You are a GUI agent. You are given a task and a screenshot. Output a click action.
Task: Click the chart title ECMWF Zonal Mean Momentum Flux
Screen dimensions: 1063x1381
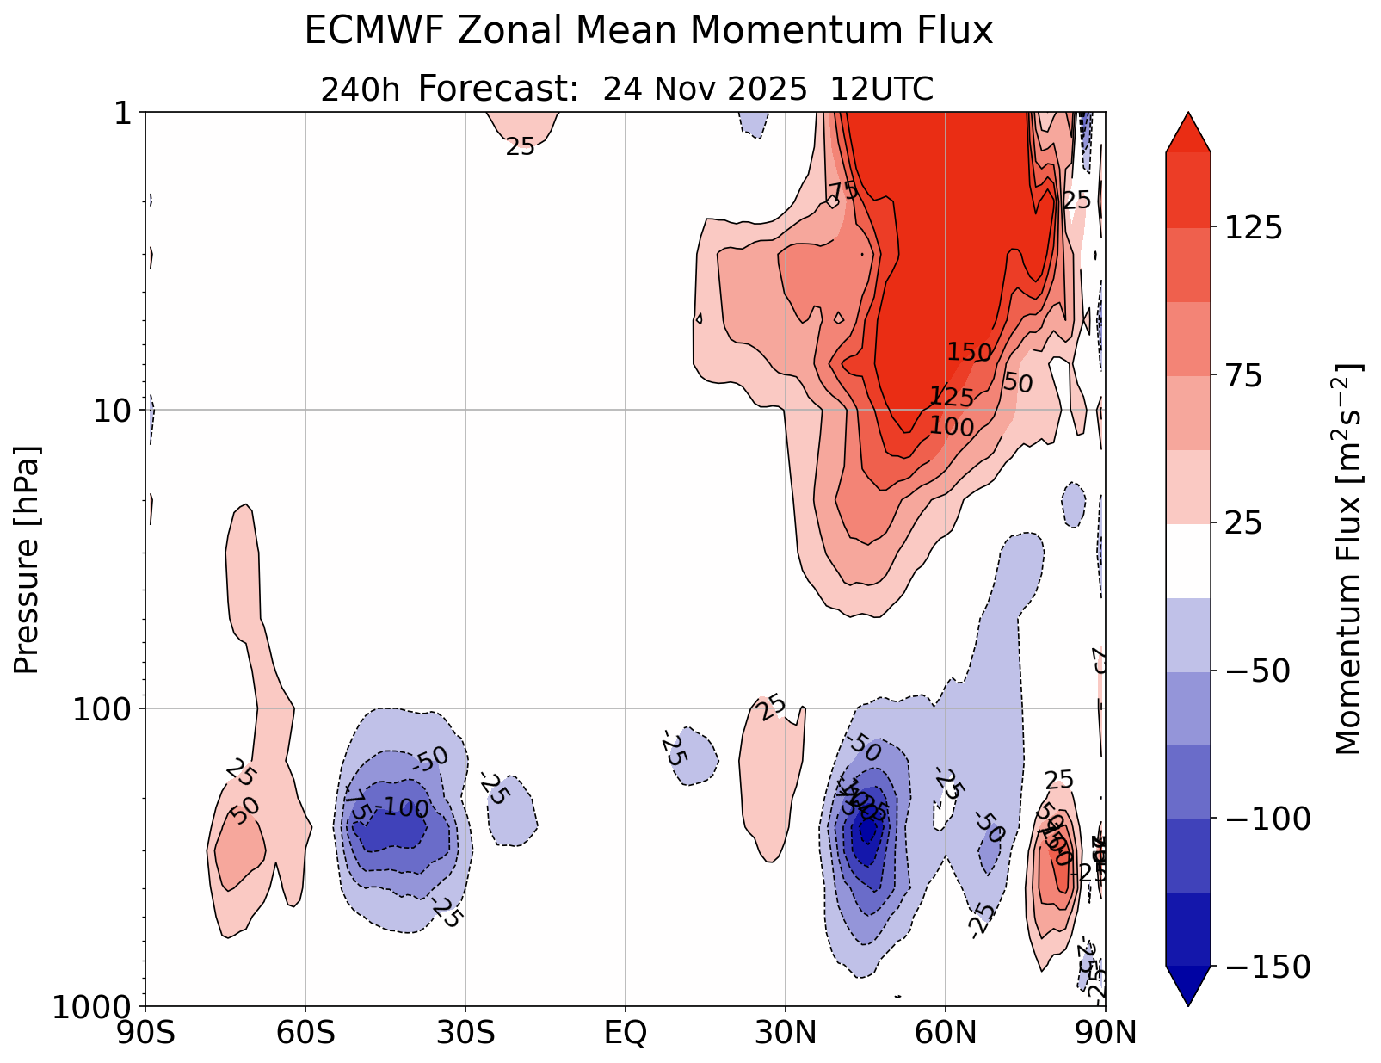648,32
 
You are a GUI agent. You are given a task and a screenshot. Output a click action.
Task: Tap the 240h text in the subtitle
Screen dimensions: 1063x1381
360,90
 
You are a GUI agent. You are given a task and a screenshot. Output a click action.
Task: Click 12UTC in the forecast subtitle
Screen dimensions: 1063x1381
881,90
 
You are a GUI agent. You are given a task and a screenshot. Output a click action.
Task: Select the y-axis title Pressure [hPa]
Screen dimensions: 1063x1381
27,559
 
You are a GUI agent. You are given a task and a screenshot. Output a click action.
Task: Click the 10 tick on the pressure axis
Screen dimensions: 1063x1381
111,411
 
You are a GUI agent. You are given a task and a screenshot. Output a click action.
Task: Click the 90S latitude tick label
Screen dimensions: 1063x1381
145,1033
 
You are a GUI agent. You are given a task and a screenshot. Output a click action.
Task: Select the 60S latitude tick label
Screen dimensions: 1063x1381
305,1033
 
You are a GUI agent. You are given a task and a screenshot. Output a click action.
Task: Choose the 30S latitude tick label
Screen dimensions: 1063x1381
465,1033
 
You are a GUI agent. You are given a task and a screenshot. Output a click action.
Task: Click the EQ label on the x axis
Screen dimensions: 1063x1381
626,1033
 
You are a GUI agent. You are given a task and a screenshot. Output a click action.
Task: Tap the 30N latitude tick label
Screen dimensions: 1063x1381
786,1033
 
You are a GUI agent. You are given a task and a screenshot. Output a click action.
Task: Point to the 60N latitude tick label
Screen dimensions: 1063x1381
946,1033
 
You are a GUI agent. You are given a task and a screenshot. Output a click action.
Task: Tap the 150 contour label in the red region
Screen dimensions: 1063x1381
970,352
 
